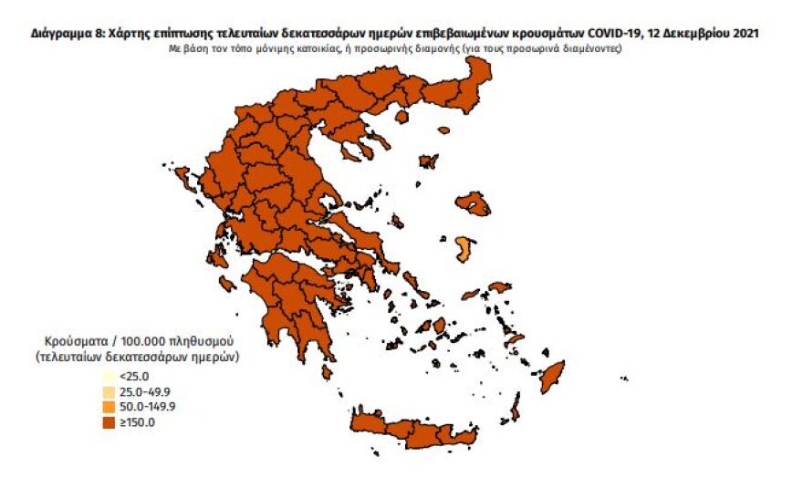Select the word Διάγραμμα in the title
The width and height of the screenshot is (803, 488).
pos(60,34)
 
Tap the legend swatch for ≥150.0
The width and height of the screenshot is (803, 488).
pos(109,422)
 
